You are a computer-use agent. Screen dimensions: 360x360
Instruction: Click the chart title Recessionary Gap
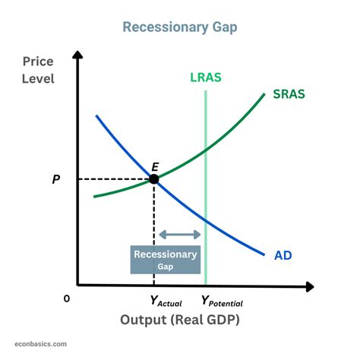179,27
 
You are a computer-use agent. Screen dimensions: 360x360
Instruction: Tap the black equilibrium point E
154,179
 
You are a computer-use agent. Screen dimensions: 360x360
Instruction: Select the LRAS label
206,77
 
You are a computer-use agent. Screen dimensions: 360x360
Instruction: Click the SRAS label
289,96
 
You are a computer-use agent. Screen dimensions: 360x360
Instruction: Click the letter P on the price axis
55,180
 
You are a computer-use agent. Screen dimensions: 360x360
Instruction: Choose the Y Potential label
222,301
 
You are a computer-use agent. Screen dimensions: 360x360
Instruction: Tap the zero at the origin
66,299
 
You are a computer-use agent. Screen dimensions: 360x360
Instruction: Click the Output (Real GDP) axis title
179,320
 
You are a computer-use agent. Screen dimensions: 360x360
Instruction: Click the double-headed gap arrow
179,235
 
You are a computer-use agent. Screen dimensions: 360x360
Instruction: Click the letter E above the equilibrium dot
155,166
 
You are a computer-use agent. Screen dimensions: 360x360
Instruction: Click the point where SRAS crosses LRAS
206,149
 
